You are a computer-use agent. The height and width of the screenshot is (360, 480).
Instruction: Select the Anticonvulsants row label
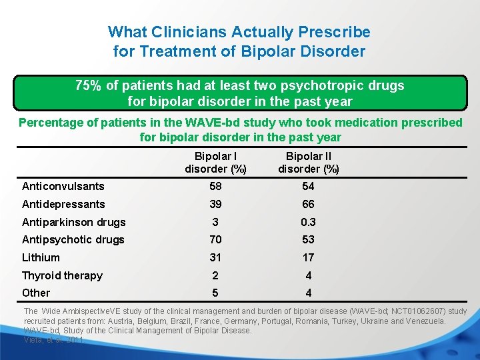pyautogui.click(x=63, y=187)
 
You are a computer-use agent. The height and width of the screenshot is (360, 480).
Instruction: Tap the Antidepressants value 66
pyautogui.click(x=308, y=204)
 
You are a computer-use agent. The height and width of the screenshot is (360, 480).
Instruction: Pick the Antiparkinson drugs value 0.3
pyautogui.click(x=308, y=222)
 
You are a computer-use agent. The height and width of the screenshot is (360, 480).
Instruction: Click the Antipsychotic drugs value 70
pyautogui.click(x=215, y=239)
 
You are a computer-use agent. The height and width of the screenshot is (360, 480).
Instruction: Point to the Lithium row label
pyautogui.click(x=41, y=257)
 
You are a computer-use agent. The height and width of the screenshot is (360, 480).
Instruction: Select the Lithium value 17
pyautogui.click(x=308, y=257)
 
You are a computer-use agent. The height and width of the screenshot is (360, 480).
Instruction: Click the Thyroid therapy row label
pyautogui.click(x=62, y=275)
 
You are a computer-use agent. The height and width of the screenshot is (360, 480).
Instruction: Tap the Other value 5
pyautogui.click(x=215, y=293)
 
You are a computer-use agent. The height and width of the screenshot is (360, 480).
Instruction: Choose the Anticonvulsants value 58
pyautogui.click(x=215, y=187)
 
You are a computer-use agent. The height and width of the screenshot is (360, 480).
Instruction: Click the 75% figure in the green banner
pyautogui.click(x=88, y=85)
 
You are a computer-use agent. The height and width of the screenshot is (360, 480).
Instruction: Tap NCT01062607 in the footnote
pyautogui.click(x=420, y=311)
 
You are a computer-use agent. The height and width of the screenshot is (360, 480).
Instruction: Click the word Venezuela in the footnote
pyautogui.click(x=424, y=321)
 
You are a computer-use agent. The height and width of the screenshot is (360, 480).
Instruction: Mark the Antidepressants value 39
pyautogui.click(x=215, y=204)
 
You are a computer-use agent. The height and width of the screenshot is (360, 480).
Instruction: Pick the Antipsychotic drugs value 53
pyautogui.click(x=308, y=239)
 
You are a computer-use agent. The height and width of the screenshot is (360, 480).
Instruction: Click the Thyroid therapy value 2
pyautogui.click(x=215, y=275)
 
